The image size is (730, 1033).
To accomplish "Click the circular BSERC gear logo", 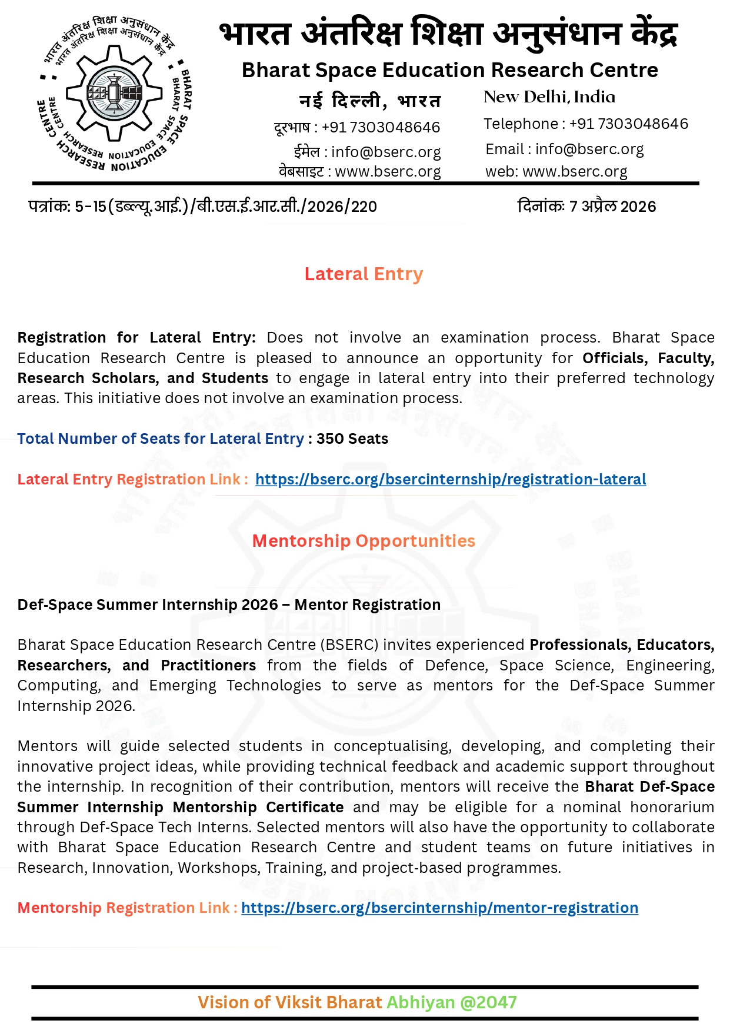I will coord(115,94).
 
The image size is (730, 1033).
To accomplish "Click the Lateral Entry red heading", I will coord(364,274).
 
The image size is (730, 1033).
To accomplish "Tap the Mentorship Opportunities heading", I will coord(364,541).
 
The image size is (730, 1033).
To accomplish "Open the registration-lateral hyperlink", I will coord(451,479).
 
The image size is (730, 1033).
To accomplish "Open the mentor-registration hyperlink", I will coord(439,908).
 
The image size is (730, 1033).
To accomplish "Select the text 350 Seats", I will coord(352,439).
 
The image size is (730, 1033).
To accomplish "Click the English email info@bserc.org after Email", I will coord(589,150).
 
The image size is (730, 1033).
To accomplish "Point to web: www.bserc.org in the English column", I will coord(556,171).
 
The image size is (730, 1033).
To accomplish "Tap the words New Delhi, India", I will coord(549,97).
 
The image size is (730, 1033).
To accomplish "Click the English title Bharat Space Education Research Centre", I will coord(450,70).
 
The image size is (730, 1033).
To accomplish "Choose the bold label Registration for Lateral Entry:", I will coord(136,337).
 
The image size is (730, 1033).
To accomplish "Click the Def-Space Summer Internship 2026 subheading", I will coord(229,604).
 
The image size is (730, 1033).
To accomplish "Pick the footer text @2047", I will coord(488,1002).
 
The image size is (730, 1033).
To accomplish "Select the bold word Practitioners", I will coord(208,665).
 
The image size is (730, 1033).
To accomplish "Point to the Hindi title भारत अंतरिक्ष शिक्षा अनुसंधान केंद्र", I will coord(449,34).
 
